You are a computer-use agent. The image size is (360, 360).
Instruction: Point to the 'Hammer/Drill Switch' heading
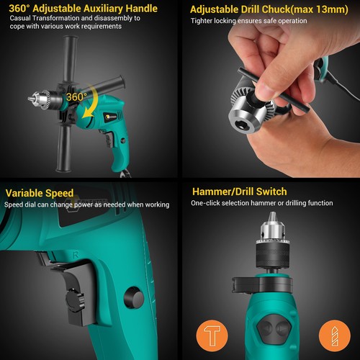click(240, 192)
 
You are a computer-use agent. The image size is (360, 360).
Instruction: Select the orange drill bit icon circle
click(332, 336)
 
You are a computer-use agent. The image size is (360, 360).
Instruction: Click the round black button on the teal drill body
click(134, 297)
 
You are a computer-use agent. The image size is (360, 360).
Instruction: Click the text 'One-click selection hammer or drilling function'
click(262, 204)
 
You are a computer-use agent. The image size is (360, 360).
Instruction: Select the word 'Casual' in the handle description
click(21, 18)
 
